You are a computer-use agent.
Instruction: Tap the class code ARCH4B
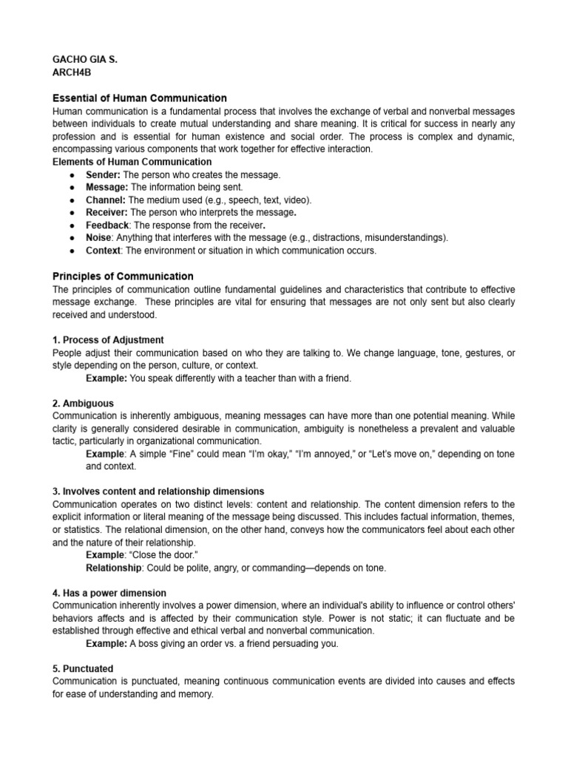[x=72, y=72]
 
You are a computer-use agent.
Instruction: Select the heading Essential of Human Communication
[x=140, y=98]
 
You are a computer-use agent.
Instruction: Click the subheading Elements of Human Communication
[x=132, y=161]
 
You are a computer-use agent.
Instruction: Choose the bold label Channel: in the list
[x=106, y=200]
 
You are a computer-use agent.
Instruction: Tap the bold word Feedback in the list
[x=107, y=225]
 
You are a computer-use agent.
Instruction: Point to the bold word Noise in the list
[x=98, y=237]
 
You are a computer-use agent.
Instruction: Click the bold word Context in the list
[x=103, y=251]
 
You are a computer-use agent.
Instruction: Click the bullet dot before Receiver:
[x=70, y=213]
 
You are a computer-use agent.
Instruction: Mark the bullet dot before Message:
[x=70, y=188]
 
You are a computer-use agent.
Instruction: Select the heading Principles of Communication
[x=124, y=276]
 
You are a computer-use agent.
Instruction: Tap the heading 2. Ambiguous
[x=84, y=403]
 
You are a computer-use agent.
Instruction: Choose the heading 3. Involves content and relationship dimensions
[x=159, y=492]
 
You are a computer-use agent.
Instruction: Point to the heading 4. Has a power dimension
[x=110, y=593]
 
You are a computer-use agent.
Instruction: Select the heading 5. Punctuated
[x=84, y=668]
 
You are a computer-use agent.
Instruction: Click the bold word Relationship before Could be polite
[x=113, y=568]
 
